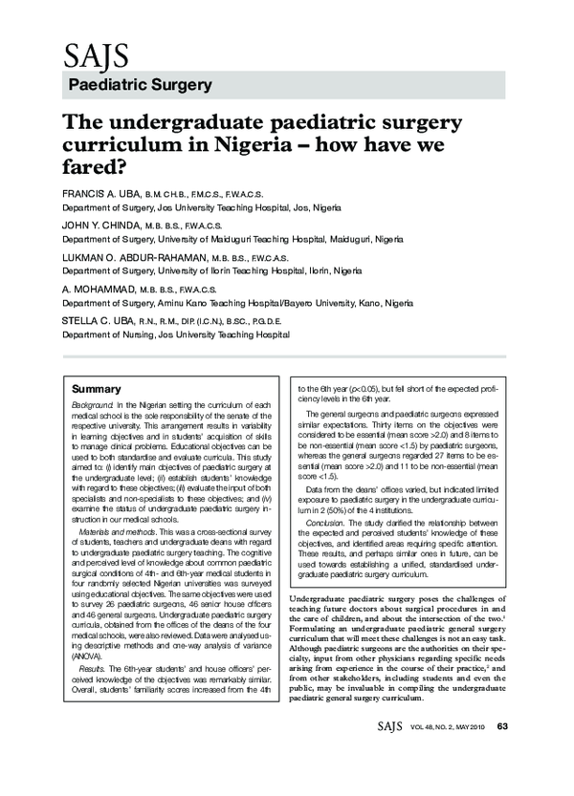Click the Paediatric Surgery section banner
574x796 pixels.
tap(141, 85)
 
